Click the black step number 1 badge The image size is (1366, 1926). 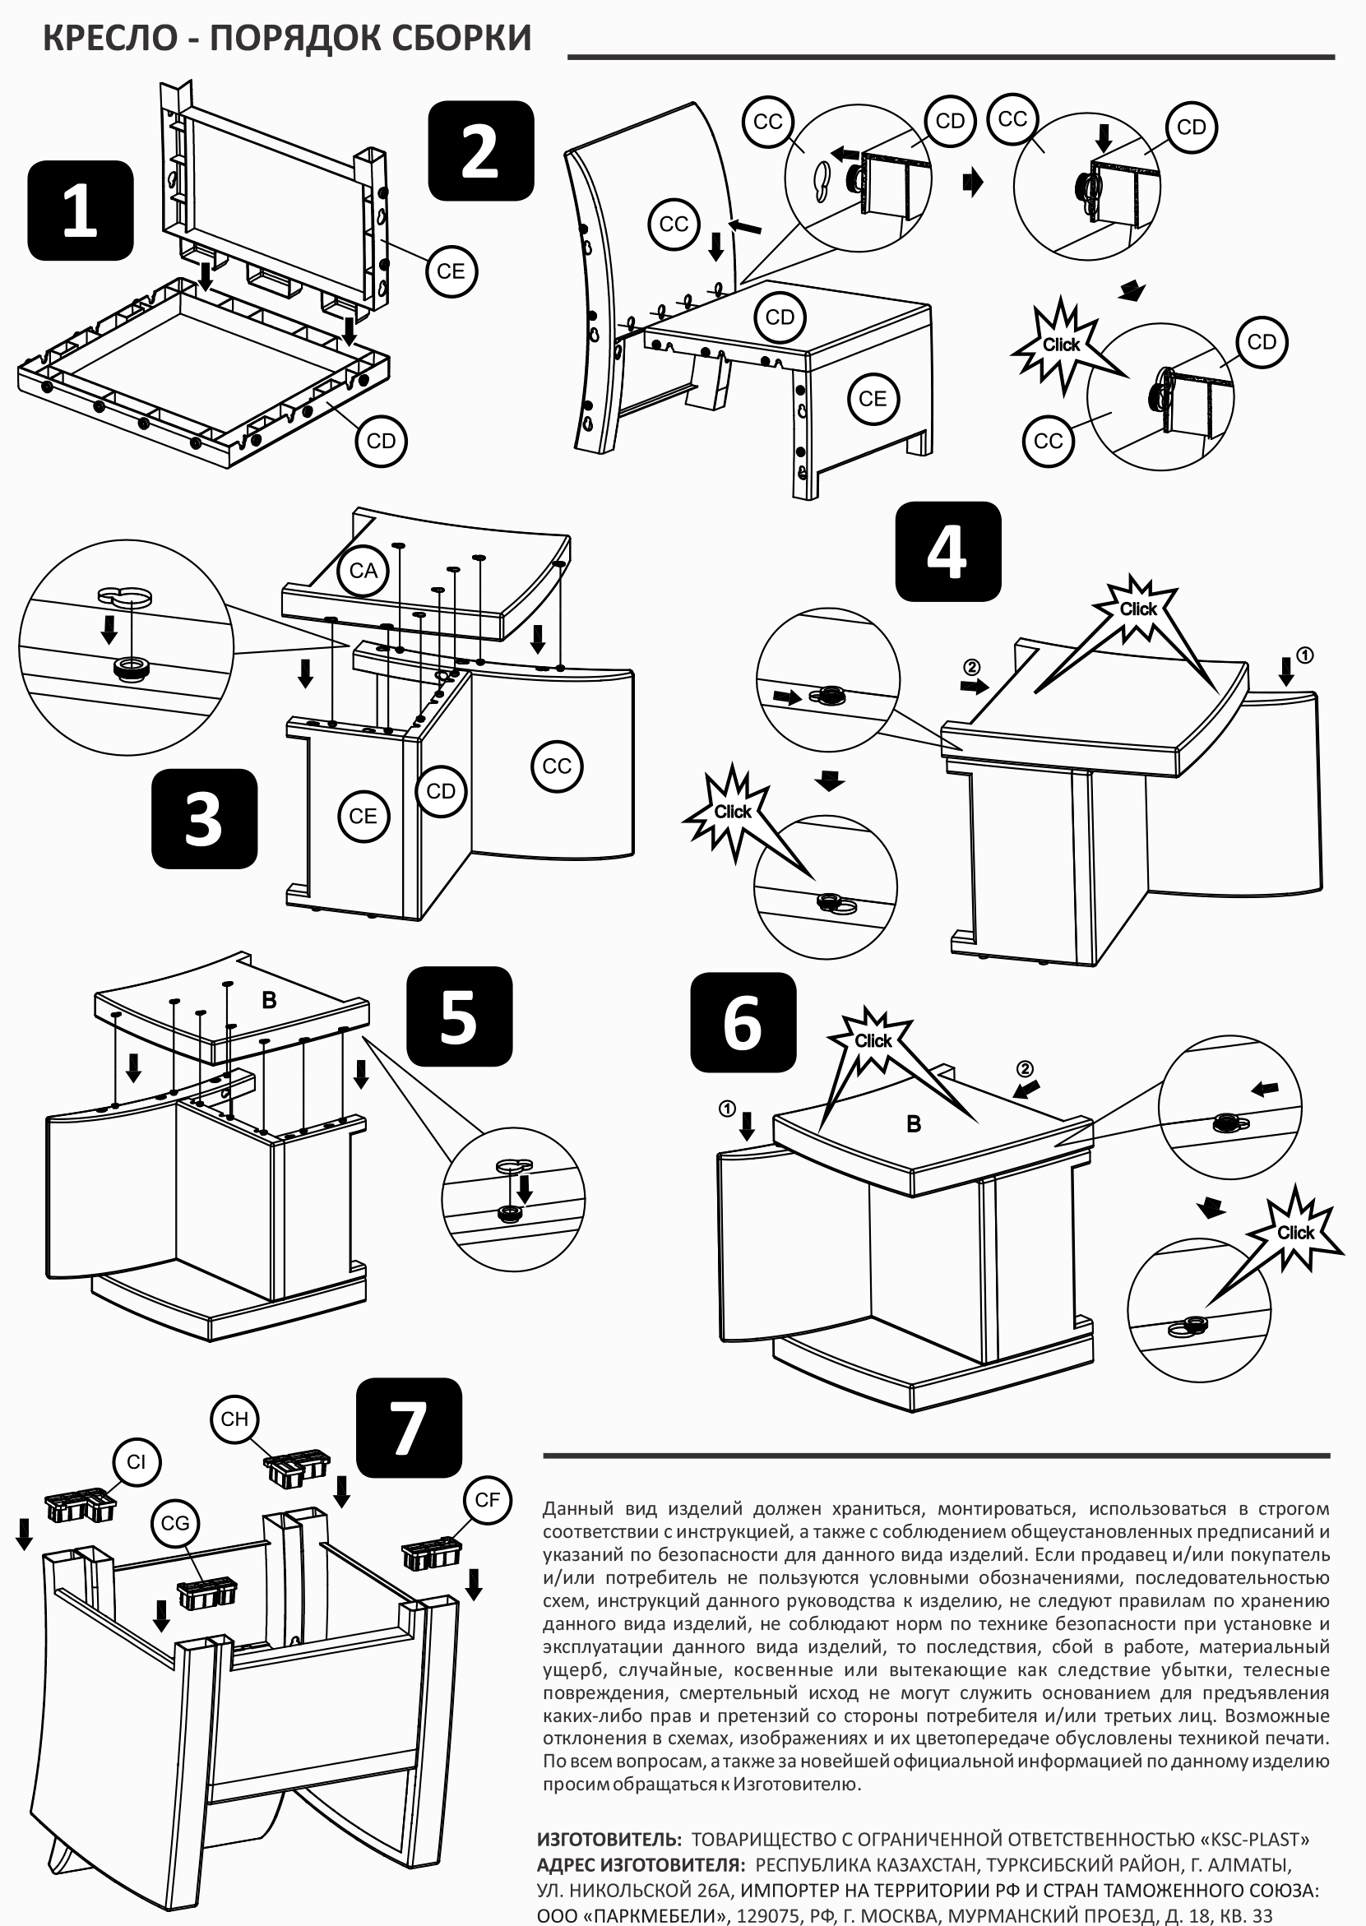click(x=80, y=211)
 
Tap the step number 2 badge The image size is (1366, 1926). click(x=480, y=150)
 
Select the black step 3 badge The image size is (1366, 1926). click(x=204, y=818)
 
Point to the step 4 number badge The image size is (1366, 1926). click(x=948, y=551)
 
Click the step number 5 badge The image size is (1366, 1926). click(x=458, y=1016)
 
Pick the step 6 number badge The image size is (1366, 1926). click(x=743, y=1022)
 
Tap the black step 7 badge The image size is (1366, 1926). click(x=409, y=1428)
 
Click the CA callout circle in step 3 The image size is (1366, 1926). click(x=363, y=570)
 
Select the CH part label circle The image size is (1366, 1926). click(x=234, y=1419)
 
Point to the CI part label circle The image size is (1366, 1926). click(x=137, y=1461)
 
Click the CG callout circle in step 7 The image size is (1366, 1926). click(x=176, y=1523)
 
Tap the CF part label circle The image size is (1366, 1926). click(x=488, y=1498)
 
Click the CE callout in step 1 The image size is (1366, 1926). click(x=451, y=271)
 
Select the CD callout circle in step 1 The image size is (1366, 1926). click(x=381, y=441)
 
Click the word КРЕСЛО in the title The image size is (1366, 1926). click(x=109, y=39)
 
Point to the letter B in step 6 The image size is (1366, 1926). click(x=914, y=1123)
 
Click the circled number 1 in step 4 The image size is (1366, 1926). click(x=1304, y=655)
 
